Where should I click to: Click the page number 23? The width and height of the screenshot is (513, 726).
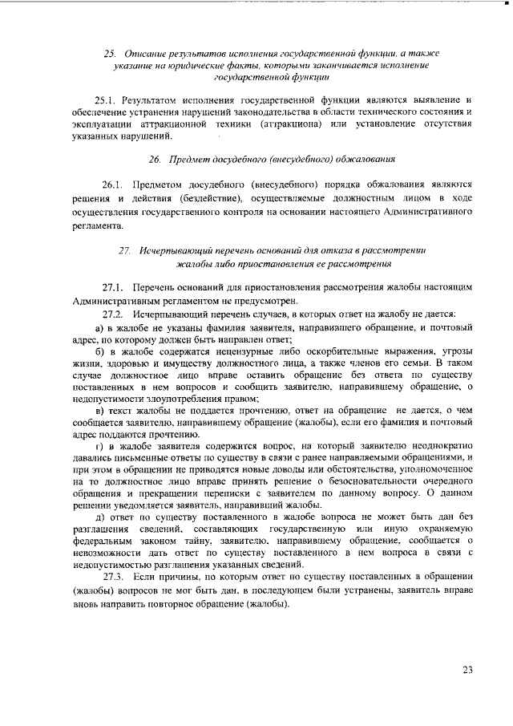tap(468, 670)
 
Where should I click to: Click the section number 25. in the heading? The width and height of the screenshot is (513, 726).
tap(111, 53)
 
